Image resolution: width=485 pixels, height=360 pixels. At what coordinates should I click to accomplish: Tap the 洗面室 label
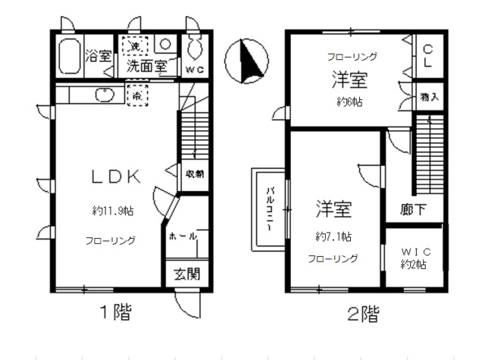click(x=146, y=66)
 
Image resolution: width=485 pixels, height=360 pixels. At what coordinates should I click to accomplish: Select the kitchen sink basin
click(x=103, y=95)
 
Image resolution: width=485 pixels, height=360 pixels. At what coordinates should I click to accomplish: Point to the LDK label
click(x=115, y=177)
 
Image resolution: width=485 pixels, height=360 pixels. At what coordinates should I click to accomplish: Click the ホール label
click(x=183, y=236)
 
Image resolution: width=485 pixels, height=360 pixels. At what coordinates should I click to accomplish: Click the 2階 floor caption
click(x=363, y=312)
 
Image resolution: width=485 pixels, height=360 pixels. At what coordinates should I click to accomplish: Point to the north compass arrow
click(x=249, y=61)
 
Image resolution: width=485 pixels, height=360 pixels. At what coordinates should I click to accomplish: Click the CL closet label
click(x=427, y=56)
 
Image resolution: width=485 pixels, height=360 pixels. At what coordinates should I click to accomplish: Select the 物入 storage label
click(x=428, y=99)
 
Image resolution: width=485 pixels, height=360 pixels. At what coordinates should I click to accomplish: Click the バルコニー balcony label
click(x=269, y=207)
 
